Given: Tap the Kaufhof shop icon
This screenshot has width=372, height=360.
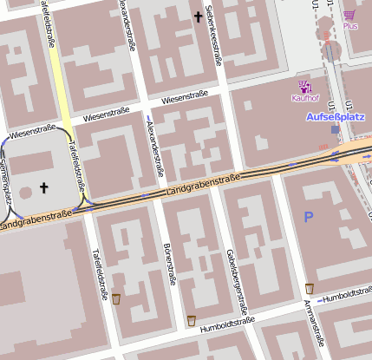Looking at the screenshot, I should click(x=304, y=86).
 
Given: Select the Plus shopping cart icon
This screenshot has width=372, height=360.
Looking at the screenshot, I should click(x=349, y=15).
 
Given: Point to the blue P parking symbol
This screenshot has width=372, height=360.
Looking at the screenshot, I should click(x=308, y=217).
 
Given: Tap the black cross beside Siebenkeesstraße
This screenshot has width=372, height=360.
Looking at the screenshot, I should click(x=198, y=16).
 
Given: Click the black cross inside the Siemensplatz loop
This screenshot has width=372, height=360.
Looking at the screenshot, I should click(x=43, y=187).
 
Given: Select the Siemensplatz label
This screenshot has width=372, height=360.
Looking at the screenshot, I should click(x=6, y=182).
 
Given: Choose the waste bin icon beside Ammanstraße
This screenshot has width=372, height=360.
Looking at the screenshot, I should click(x=310, y=288).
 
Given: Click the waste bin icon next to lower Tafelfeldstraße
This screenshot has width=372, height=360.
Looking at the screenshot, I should click(x=116, y=299).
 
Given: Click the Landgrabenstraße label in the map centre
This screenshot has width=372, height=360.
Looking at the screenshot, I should click(x=202, y=183).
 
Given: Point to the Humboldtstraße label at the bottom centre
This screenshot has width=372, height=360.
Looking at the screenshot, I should click(x=227, y=325).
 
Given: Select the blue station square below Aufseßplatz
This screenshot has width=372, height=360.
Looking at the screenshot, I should click(x=336, y=129).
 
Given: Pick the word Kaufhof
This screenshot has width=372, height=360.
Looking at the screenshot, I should click(x=305, y=98).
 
